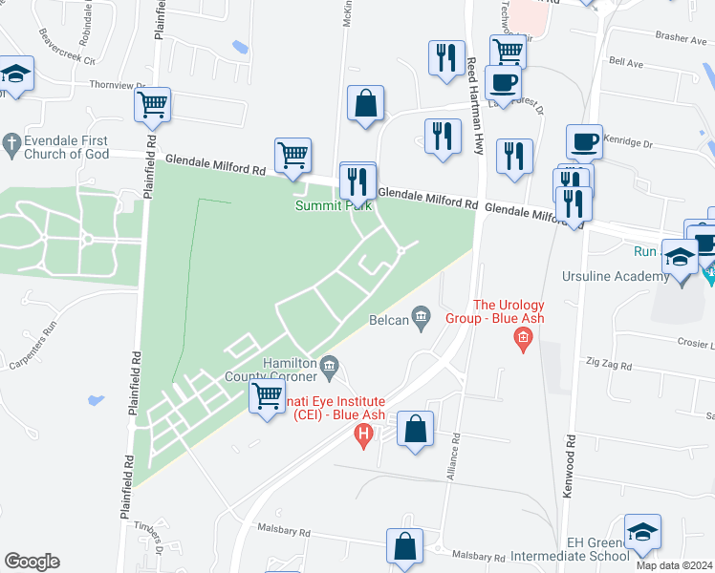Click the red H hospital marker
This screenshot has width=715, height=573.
[363, 437]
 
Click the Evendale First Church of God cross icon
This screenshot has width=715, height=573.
[11, 143]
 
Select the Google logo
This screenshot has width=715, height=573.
[32, 561]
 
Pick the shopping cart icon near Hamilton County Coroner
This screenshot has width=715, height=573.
[267, 395]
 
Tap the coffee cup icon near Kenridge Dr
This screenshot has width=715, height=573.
[583, 141]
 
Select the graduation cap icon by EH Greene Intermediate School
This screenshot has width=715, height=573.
[642, 531]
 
